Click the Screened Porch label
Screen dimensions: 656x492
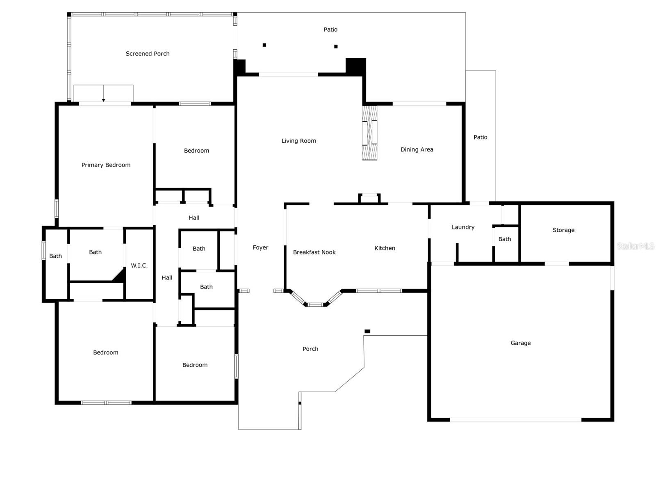(x=147, y=53)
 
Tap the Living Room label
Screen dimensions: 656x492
(x=298, y=141)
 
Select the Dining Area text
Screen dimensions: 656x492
(x=417, y=149)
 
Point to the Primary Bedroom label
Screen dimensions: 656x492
(x=106, y=165)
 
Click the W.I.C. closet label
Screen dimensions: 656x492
(x=139, y=265)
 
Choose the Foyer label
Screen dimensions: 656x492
(x=260, y=247)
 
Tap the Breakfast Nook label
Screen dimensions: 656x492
(x=314, y=252)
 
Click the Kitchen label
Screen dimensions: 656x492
(x=385, y=248)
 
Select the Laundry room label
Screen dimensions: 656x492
(x=463, y=227)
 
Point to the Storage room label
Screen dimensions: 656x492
(x=563, y=230)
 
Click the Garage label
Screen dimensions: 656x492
(x=521, y=343)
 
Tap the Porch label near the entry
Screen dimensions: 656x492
(x=310, y=349)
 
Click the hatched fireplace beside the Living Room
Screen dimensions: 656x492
(x=370, y=133)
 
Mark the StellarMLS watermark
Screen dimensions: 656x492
(x=635, y=246)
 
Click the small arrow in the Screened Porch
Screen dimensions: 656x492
(x=103, y=93)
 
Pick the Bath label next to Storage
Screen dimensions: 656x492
(x=504, y=239)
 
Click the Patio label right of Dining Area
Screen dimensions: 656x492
(x=480, y=137)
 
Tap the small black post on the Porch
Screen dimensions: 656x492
(x=367, y=331)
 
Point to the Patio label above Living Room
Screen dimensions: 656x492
(x=330, y=29)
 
